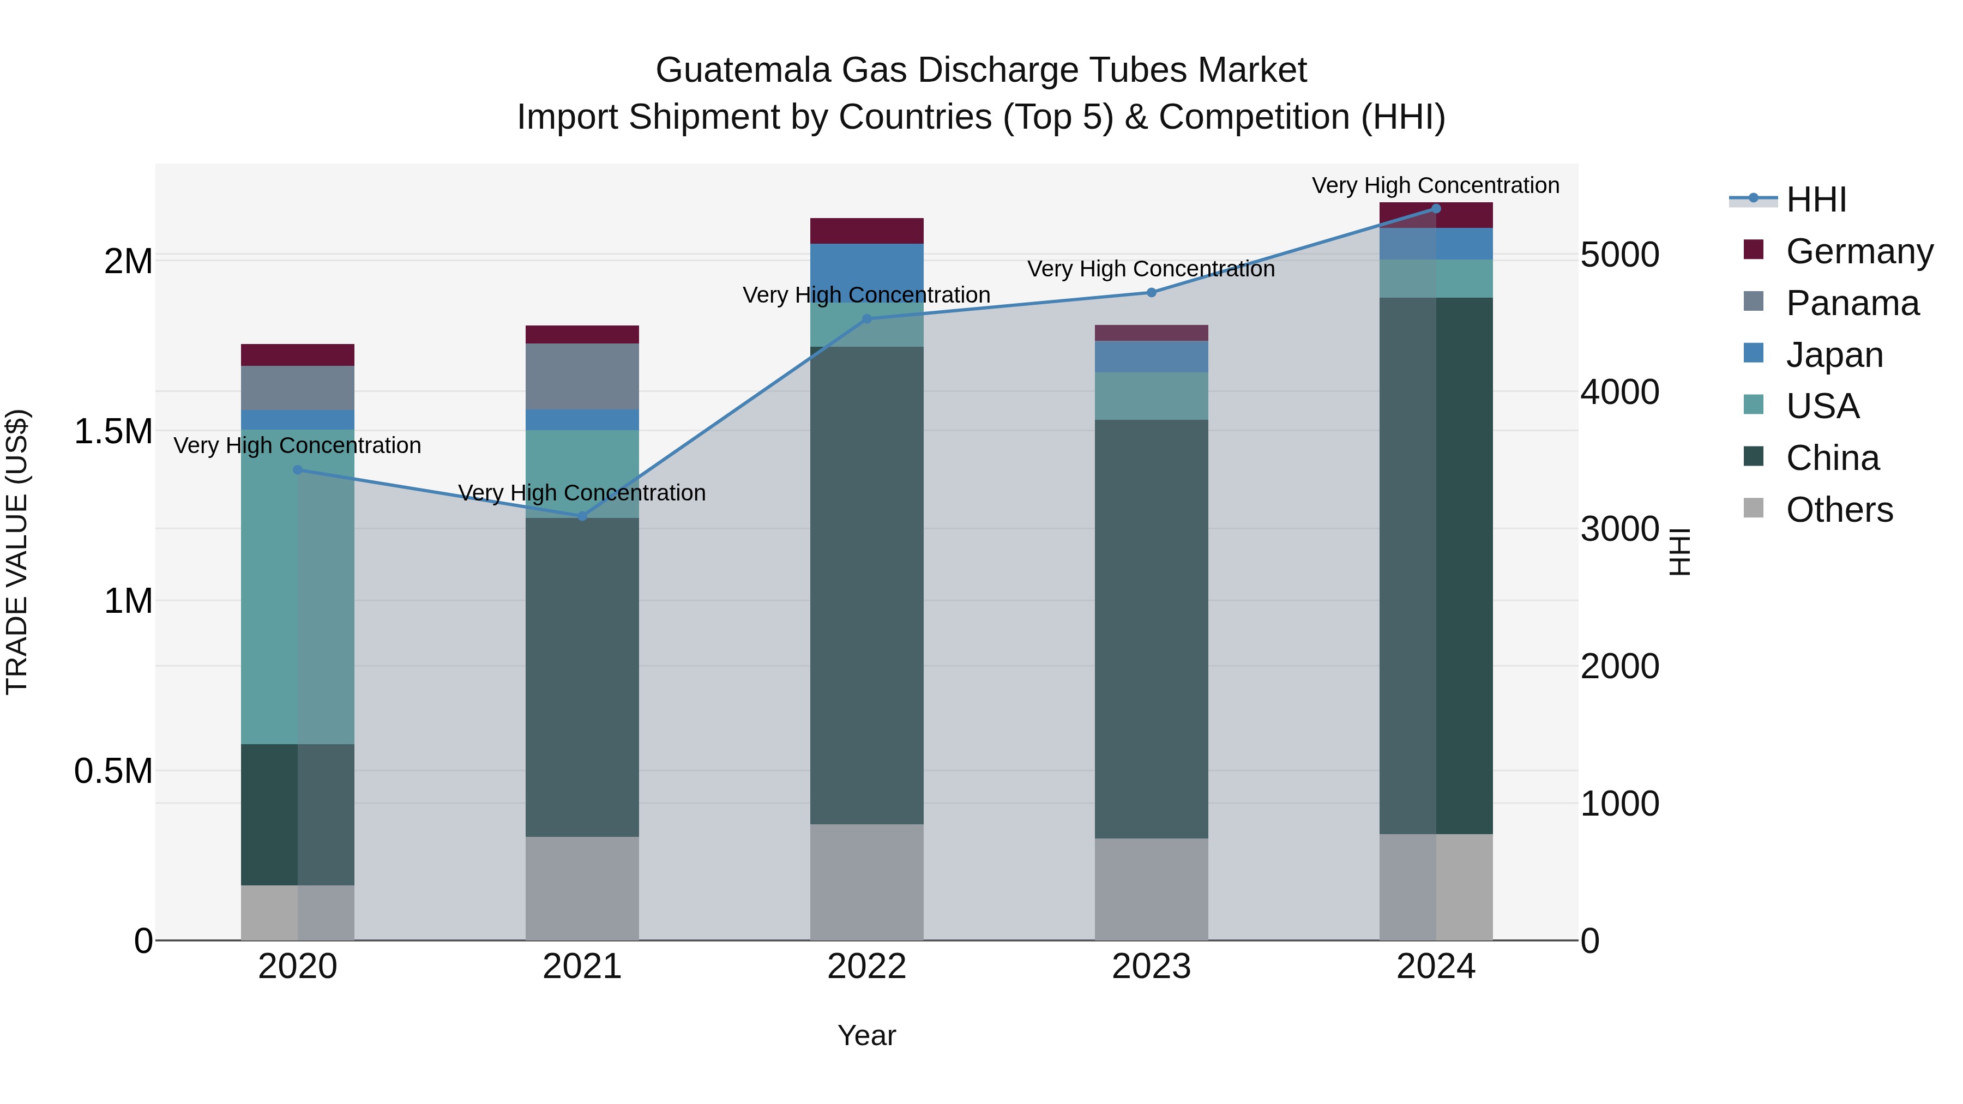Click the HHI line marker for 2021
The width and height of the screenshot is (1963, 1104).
pyautogui.click(x=582, y=516)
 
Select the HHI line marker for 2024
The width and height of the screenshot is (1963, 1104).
pyautogui.click(x=1436, y=208)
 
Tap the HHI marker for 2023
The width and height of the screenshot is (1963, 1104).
pyautogui.click(x=1152, y=293)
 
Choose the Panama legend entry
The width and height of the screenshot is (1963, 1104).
pyautogui.click(x=1852, y=303)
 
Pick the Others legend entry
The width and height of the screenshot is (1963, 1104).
pyautogui.click(x=1838, y=510)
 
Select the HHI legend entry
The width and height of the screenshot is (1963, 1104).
pyautogui.click(x=1815, y=200)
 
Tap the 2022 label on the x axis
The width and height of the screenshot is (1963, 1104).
pyautogui.click(x=866, y=967)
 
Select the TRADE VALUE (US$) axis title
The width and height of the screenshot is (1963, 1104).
pyautogui.click(x=17, y=552)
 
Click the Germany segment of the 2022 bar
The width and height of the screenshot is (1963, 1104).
pyautogui.click(x=866, y=231)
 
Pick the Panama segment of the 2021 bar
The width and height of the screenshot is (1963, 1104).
pyautogui.click(x=582, y=376)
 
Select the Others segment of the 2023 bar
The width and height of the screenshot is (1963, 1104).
pyautogui.click(x=1152, y=889)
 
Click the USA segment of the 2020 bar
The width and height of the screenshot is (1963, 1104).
pyautogui.click(x=297, y=587)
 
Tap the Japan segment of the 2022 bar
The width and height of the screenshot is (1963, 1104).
pyautogui.click(x=866, y=273)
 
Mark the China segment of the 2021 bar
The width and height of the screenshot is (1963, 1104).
pyautogui.click(x=582, y=677)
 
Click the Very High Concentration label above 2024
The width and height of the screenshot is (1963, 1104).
pyautogui.click(x=1436, y=186)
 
